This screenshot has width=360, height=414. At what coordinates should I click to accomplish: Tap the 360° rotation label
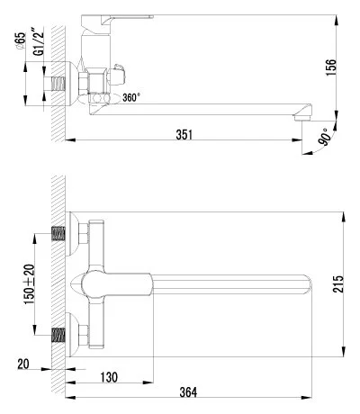coord(131,97)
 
